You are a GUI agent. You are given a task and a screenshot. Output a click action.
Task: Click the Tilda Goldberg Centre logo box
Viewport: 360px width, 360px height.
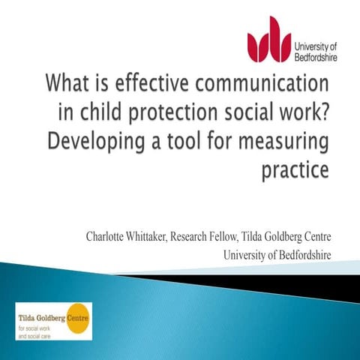click(53, 320)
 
